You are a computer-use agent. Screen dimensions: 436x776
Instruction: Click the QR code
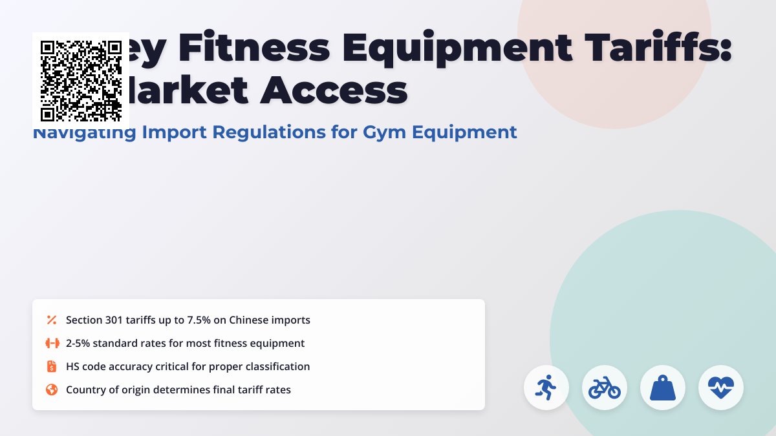[81, 81]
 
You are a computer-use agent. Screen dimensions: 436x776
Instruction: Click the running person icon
[546, 388]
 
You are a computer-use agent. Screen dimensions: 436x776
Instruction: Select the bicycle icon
[605, 388]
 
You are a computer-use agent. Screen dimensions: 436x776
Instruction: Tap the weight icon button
[663, 388]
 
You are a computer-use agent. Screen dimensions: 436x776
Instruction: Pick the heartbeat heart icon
[721, 388]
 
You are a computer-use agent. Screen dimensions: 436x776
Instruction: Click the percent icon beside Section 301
[52, 320]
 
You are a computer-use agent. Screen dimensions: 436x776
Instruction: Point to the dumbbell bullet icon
[52, 343]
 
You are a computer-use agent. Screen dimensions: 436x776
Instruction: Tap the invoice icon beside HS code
[52, 366]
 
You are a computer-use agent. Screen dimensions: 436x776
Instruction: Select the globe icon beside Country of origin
[52, 389]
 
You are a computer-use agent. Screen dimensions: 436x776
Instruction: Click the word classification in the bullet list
[277, 366]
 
